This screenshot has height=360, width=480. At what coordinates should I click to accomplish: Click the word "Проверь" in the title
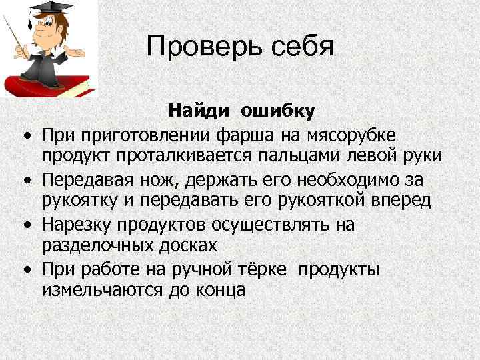click(201, 47)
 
